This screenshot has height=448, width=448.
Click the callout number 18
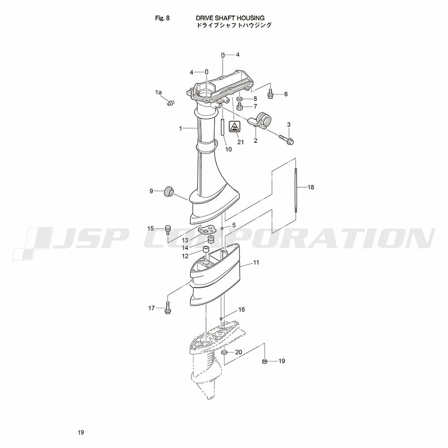point(310,187)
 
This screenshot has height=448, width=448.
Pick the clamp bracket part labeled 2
point(261,121)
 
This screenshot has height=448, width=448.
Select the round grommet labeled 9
point(168,191)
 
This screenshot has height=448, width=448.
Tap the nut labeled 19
point(265,362)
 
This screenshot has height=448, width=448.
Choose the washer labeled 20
point(224,352)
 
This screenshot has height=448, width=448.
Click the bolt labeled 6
point(270,94)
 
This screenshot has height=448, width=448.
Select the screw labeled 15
point(168,230)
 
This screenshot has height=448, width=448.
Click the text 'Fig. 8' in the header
point(162,18)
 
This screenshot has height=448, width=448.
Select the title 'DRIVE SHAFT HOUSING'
point(230,18)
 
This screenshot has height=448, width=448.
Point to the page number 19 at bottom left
point(81,432)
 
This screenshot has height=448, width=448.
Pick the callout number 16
point(242,310)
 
